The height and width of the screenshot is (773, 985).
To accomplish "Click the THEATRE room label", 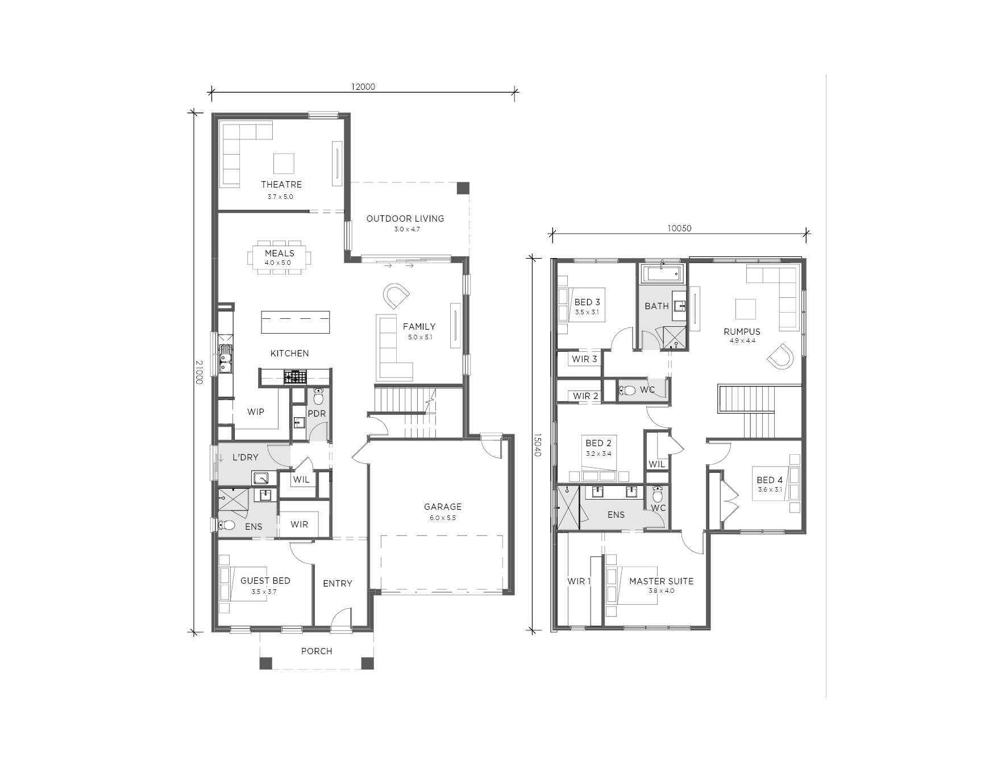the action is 281,184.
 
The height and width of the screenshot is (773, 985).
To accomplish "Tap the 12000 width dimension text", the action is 363,87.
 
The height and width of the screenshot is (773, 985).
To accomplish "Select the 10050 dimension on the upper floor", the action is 679,228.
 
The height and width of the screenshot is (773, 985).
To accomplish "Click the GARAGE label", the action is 443,506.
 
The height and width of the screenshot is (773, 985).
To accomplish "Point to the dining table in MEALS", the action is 280,259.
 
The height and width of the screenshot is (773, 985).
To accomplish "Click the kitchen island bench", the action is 296,322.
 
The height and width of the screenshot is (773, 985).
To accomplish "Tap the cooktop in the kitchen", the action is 295,376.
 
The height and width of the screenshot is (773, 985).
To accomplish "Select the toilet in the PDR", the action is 318,396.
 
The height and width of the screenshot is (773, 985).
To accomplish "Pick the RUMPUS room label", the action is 742,331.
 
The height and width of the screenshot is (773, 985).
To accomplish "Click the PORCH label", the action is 317,651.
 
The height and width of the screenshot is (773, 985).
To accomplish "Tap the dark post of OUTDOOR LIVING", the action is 464,188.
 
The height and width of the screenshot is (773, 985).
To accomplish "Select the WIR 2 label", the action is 585,396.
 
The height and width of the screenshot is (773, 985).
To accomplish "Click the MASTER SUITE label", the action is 661,581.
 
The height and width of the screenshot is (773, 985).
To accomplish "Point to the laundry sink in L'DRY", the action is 262,478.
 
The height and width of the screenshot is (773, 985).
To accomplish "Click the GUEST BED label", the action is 265,580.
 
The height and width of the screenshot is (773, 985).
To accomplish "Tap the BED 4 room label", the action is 770,480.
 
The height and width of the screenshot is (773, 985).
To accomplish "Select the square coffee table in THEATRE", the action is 284,163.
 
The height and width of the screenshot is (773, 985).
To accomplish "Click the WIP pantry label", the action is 256,412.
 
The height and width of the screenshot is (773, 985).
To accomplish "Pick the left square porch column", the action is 265,663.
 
